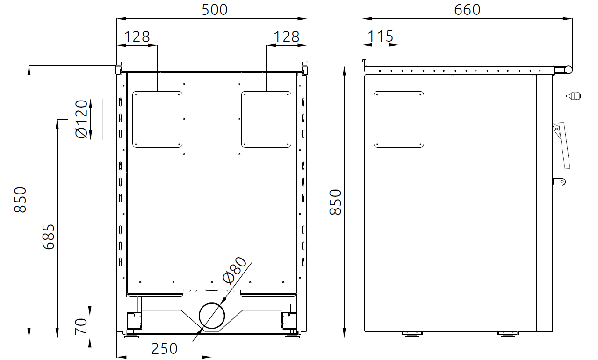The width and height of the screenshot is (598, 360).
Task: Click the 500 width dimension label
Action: [x=214, y=10]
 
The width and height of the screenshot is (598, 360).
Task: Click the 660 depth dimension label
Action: [x=467, y=10]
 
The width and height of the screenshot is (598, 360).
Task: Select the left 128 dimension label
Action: [x=137, y=36]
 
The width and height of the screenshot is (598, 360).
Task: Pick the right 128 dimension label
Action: [x=287, y=36]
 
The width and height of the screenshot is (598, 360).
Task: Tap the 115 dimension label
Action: [x=381, y=36]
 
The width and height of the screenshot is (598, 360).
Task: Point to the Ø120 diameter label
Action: [x=82, y=119]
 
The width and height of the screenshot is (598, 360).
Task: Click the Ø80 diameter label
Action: [x=234, y=270]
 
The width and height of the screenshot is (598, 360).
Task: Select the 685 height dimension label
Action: [x=49, y=237]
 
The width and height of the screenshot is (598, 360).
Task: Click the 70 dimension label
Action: [x=81, y=326]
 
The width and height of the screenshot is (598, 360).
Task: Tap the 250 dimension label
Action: [x=164, y=348]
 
